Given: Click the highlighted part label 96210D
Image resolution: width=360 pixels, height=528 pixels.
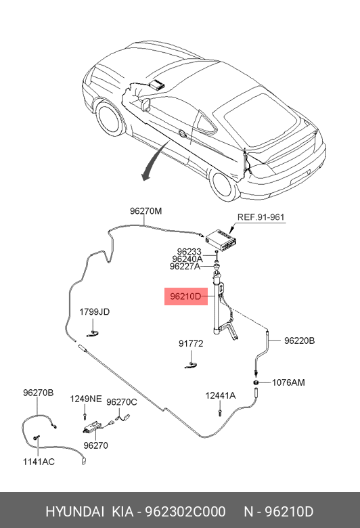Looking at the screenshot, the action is [x=185, y=296].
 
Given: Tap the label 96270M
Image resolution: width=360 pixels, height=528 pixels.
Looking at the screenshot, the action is [x=145, y=211].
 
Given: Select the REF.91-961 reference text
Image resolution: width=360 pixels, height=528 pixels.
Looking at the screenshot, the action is [x=261, y=217].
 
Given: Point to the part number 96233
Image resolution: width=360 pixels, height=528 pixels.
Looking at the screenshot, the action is [x=189, y=252].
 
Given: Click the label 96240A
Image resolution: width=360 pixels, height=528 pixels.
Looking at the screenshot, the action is [x=187, y=259].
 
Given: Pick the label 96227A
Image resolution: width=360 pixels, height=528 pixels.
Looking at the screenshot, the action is [x=185, y=266].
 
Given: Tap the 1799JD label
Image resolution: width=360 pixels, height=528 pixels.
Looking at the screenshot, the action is [x=94, y=312].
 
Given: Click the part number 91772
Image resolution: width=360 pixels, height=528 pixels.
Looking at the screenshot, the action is [x=191, y=343].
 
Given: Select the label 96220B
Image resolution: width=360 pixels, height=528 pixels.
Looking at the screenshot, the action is [x=299, y=340].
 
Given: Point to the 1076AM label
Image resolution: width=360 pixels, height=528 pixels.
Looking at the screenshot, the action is [x=288, y=382].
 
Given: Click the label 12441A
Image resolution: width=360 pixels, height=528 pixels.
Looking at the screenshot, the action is [x=221, y=396].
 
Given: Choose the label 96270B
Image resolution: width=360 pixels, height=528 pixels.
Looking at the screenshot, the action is [x=39, y=393].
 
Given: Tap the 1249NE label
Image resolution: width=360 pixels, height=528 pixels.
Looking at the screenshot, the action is [x=86, y=399].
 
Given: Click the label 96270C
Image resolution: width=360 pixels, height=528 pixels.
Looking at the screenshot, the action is [x=122, y=402].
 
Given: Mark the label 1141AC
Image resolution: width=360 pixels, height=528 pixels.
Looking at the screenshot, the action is [x=39, y=462].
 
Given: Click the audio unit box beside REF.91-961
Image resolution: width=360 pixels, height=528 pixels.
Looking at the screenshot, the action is [x=221, y=240].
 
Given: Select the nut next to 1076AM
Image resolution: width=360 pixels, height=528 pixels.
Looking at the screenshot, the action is [x=256, y=382].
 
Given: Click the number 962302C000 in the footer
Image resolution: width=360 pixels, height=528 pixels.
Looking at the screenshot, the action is [x=185, y=512].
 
